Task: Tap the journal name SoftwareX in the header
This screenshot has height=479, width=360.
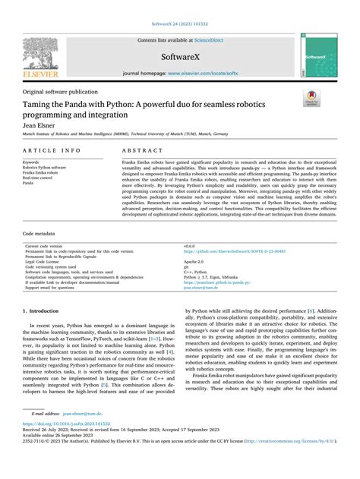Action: coord(180,56)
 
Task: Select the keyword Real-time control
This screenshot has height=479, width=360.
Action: coord(36,178)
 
